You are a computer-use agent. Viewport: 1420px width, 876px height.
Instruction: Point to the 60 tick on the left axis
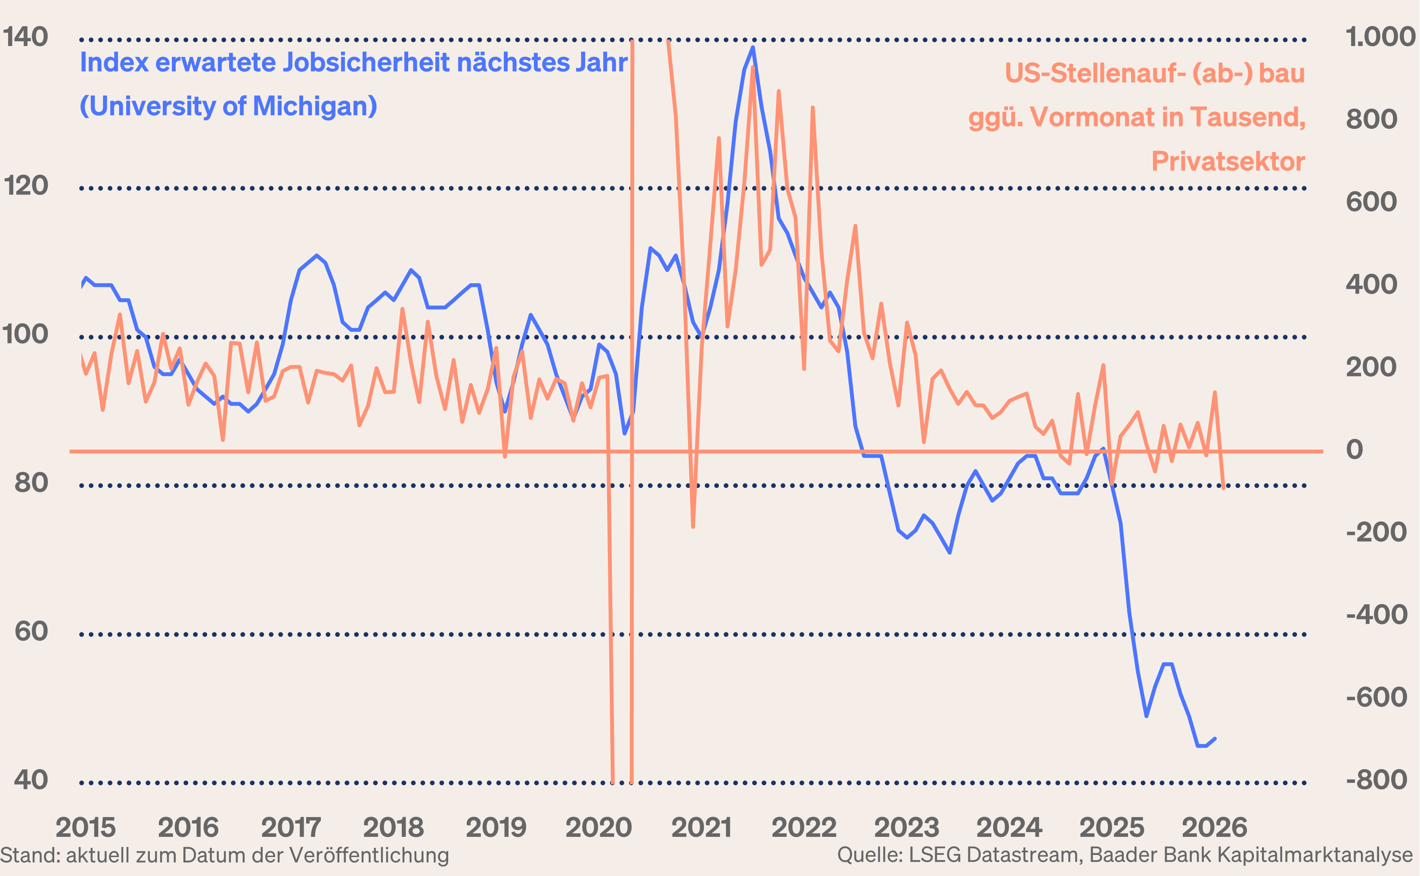(x=31, y=632)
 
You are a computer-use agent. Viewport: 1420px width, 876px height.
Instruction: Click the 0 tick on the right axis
(x=1355, y=450)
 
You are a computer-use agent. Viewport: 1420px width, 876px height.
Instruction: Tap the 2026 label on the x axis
(x=1214, y=827)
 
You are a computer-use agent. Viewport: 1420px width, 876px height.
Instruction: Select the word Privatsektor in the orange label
(x=1228, y=161)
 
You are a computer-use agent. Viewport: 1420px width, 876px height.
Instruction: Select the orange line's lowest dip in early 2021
(x=693, y=527)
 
